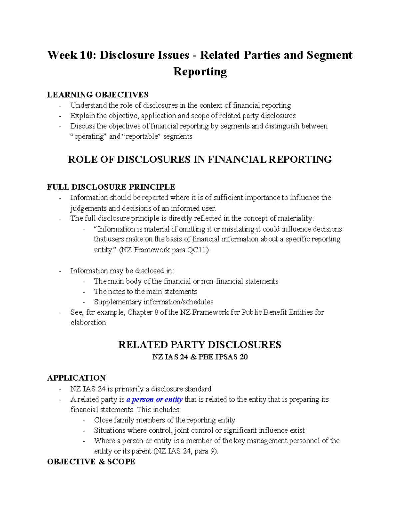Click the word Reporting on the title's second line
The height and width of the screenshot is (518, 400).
[200, 71]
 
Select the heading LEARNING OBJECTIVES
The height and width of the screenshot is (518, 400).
[98, 95]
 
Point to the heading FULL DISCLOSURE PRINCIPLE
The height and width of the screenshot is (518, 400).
[111, 187]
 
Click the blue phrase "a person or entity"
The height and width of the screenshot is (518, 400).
[154, 399]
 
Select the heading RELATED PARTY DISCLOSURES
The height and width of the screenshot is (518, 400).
[200, 345]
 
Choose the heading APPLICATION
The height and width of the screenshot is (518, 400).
[76, 378]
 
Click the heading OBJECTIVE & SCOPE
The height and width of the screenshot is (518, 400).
[91, 462]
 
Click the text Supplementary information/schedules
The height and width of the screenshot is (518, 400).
[154, 302]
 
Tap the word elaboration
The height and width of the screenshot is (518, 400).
[88, 323]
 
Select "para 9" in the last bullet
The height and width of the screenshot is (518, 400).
[203, 451]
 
